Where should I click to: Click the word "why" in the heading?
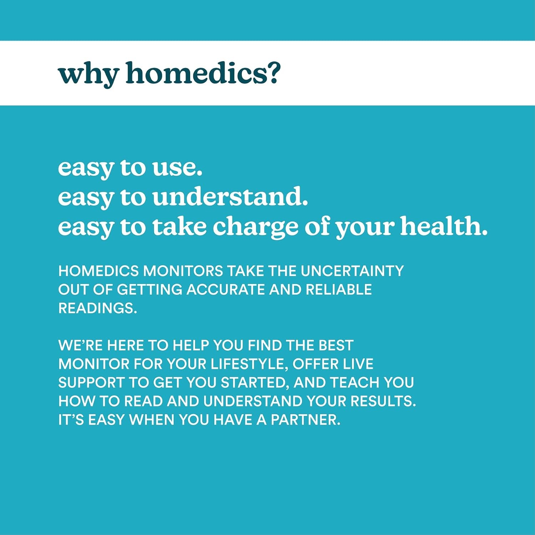pos(88,74)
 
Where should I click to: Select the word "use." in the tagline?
pos(177,168)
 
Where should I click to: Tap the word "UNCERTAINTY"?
pos(352,271)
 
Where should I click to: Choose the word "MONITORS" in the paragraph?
pos(183,271)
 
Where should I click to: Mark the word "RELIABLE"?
pos(338,289)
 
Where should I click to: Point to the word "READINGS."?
pos(98,308)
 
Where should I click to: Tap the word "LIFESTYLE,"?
pos(249,364)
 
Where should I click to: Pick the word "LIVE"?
pos(358,364)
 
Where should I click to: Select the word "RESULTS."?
pos(383,401)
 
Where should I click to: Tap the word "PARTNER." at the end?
pos(306,420)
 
